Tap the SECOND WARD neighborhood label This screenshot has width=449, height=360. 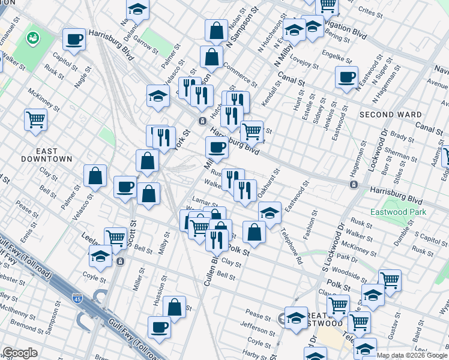tap(390, 114)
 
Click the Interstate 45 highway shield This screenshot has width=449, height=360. tap(77, 298)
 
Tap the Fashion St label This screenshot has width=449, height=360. tap(310, 226)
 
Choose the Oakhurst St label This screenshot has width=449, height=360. tap(268, 185)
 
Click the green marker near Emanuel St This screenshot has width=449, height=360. tap(32, 38)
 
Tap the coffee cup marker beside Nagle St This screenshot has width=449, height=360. tap(74, 40)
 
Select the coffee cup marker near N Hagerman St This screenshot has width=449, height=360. tap(346, 77)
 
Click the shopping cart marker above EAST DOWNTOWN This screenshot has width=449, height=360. tap(35, 119)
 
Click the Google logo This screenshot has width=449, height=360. tap(20, 353)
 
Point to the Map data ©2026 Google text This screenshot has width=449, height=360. tap(412, 356)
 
